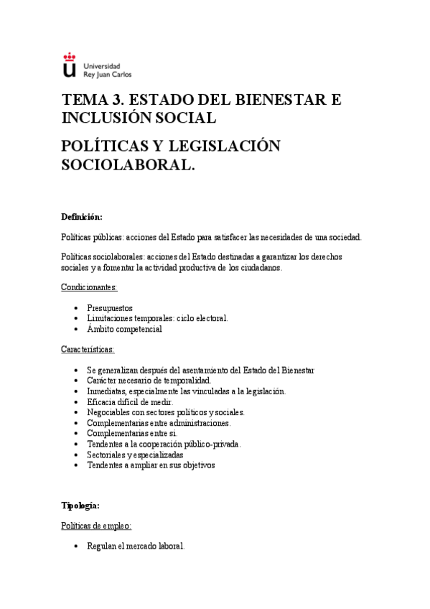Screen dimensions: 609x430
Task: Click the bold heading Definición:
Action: pyautogui.click(x=82, y=217)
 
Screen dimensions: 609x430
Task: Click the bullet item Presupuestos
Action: pyautogui.click(x=109, y=308)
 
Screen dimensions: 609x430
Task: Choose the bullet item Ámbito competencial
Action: pyautogui.click(x=124, y=329)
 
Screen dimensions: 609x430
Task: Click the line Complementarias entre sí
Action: pyautogui.click(x=131, y=433)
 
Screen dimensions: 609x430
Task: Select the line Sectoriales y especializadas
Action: pyautogui.click(x=135, y=454)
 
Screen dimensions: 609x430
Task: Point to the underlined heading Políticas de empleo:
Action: pyautogui.click(x=95, y=526)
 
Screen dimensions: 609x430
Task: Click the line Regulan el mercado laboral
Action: pyautogui.click(x=136, y=546)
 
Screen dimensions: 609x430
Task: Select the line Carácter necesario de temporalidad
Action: pyautogui.click(x=149, y=380)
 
